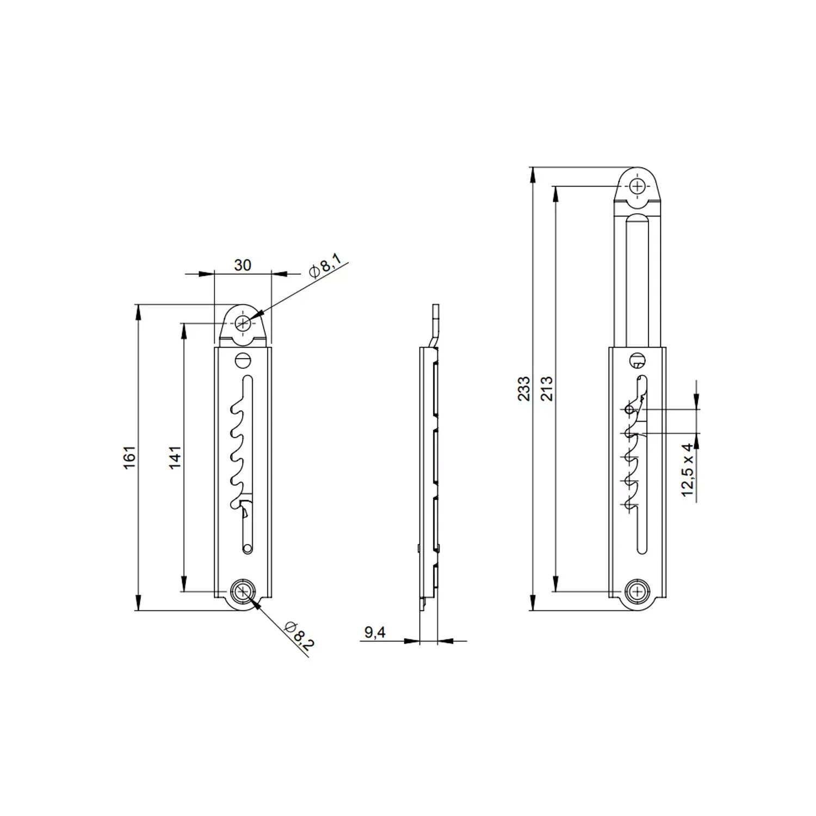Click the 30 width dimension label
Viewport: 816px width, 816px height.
pyautogui.click(x=242, y=265)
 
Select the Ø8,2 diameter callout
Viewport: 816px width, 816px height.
pyautogui.click(x=299, y=635)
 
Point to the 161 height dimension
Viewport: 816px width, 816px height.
pyautogui.click(x=129, y=458)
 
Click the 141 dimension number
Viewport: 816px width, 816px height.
pyautogui.click(x=174, y=458)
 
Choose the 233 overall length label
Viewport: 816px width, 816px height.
pyautogui.click(x=523, y=388)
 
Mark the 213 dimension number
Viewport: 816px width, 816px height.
pyautogui.click(x=547, y=388)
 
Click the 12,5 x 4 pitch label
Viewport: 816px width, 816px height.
pyautogui.click(x=688, y=469)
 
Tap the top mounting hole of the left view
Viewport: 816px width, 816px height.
pyautogui.click(x=243, y=324)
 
